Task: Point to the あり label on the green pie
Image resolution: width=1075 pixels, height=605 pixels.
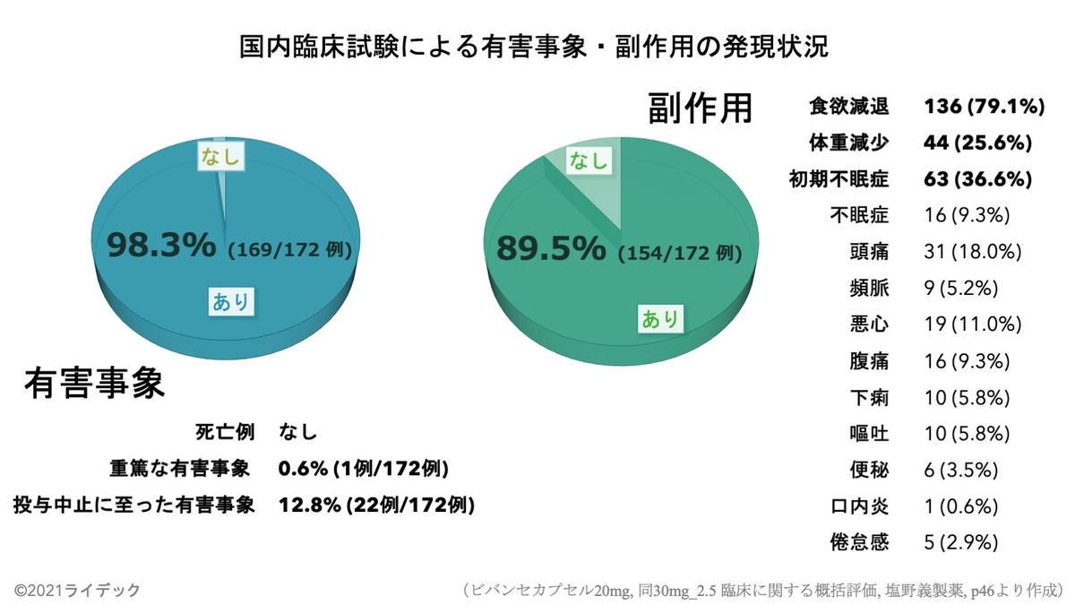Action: (659, 318)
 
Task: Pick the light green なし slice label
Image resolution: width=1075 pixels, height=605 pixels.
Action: (588, 161)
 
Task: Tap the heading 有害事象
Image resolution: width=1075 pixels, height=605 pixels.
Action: (94, 384)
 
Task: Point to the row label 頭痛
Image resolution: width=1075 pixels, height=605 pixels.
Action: (868, 252)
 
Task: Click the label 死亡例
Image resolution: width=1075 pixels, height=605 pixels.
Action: (225, 433)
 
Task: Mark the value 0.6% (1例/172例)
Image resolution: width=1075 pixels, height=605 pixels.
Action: (363, 469)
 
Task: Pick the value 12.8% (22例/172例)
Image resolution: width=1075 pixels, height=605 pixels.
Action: (376, 505)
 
